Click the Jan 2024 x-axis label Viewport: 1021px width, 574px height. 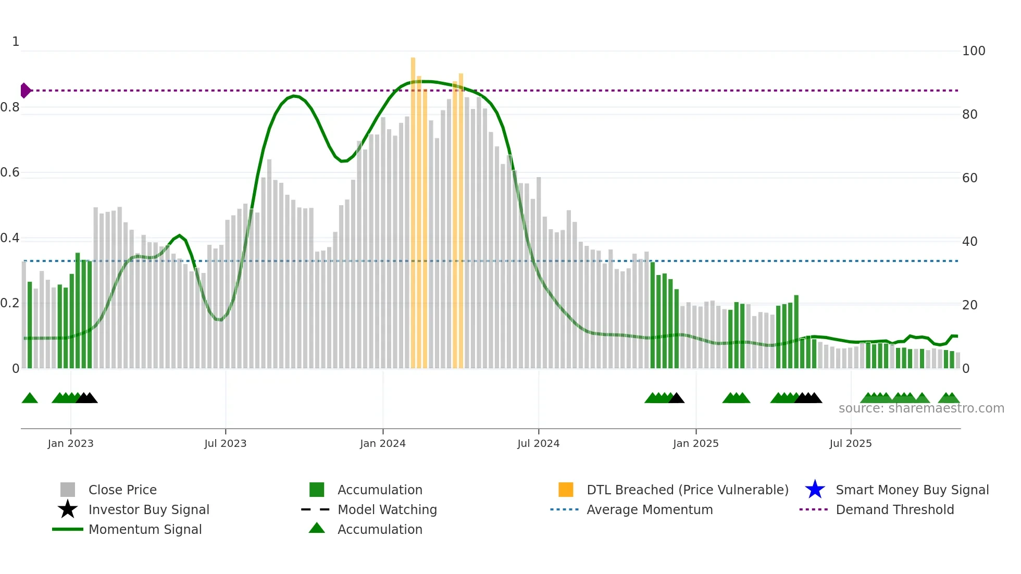tap(382, 443)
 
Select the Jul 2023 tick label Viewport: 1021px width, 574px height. tap(225, 443)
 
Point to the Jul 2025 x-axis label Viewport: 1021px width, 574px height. tap(850, 443)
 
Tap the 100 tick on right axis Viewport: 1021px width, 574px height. tap(973, 51)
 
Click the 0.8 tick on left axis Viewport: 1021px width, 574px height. tap(10, 107)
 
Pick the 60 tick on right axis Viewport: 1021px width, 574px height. tap(969, 178)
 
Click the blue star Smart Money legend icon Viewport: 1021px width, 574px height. tap(815, 490)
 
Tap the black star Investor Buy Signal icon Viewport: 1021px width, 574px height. tap(68, 509)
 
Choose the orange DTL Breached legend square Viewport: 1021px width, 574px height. tap(566, 490)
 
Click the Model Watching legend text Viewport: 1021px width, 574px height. tap(387, 509)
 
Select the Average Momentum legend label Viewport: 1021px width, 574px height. tap(650, 509)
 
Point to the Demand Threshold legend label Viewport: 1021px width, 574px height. tap(894, 509)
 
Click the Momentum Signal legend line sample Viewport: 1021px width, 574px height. tap(68, 529)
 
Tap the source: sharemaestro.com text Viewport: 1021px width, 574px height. tap(921, 408)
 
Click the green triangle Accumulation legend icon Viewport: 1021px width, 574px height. tap(317, 529)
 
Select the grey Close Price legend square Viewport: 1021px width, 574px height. tap(68, 490)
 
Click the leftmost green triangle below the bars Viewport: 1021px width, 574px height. tap(30, 398)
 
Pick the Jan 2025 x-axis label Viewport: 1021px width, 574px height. tap(695, 443)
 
